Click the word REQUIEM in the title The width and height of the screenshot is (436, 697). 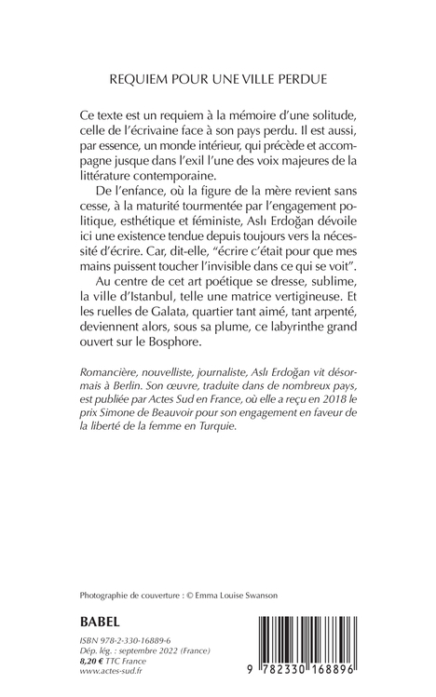pos(136,81)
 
